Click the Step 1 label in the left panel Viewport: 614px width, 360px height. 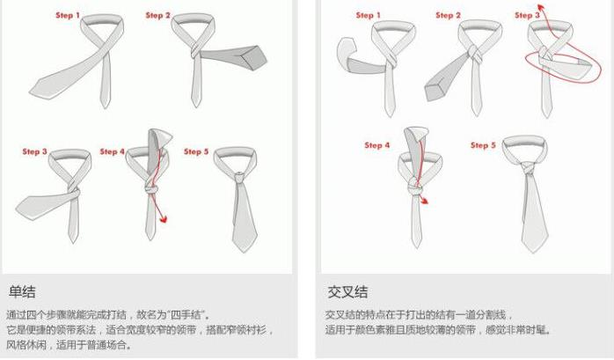pyautogui.click(x=68, y=15)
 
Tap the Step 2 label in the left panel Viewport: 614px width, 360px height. pyautogui.click(x=157, y=15)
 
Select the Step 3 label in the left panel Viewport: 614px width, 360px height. pyautogui.click(x=34, y=151)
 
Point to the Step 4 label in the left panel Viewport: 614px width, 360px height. pyautogui.click(x=112, y=151)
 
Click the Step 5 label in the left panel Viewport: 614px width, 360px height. pyautogui.click(x=196, y=151)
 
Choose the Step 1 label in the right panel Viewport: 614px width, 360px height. pyautogui.click(x=368, y=15)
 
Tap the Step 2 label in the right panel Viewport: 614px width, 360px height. pyautogui.click(x=448, y=15)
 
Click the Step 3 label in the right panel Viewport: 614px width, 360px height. pyautogui.click(x=527, y=15)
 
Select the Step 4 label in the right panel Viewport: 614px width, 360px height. pyautogui.click(x=377, y=145)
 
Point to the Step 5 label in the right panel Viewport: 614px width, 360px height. pyautogui.click(x=483, y=145)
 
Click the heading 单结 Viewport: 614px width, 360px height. pyautogui.click(x=22, y=292)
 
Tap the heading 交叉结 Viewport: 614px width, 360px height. pyautogui.click(x=347, y=292)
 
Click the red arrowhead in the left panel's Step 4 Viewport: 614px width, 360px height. pyautogui.click(x=164, y=219)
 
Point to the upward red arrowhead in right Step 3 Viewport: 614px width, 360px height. pyautogui.click(x=541, y=7)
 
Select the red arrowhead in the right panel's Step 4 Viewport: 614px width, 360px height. pyautogui.click(x=424, y=201)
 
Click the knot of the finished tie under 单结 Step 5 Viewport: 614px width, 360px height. pyautogui.click(x=239, y=177)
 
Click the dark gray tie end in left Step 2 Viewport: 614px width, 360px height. pyautogui.click(x=235, y=56)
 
